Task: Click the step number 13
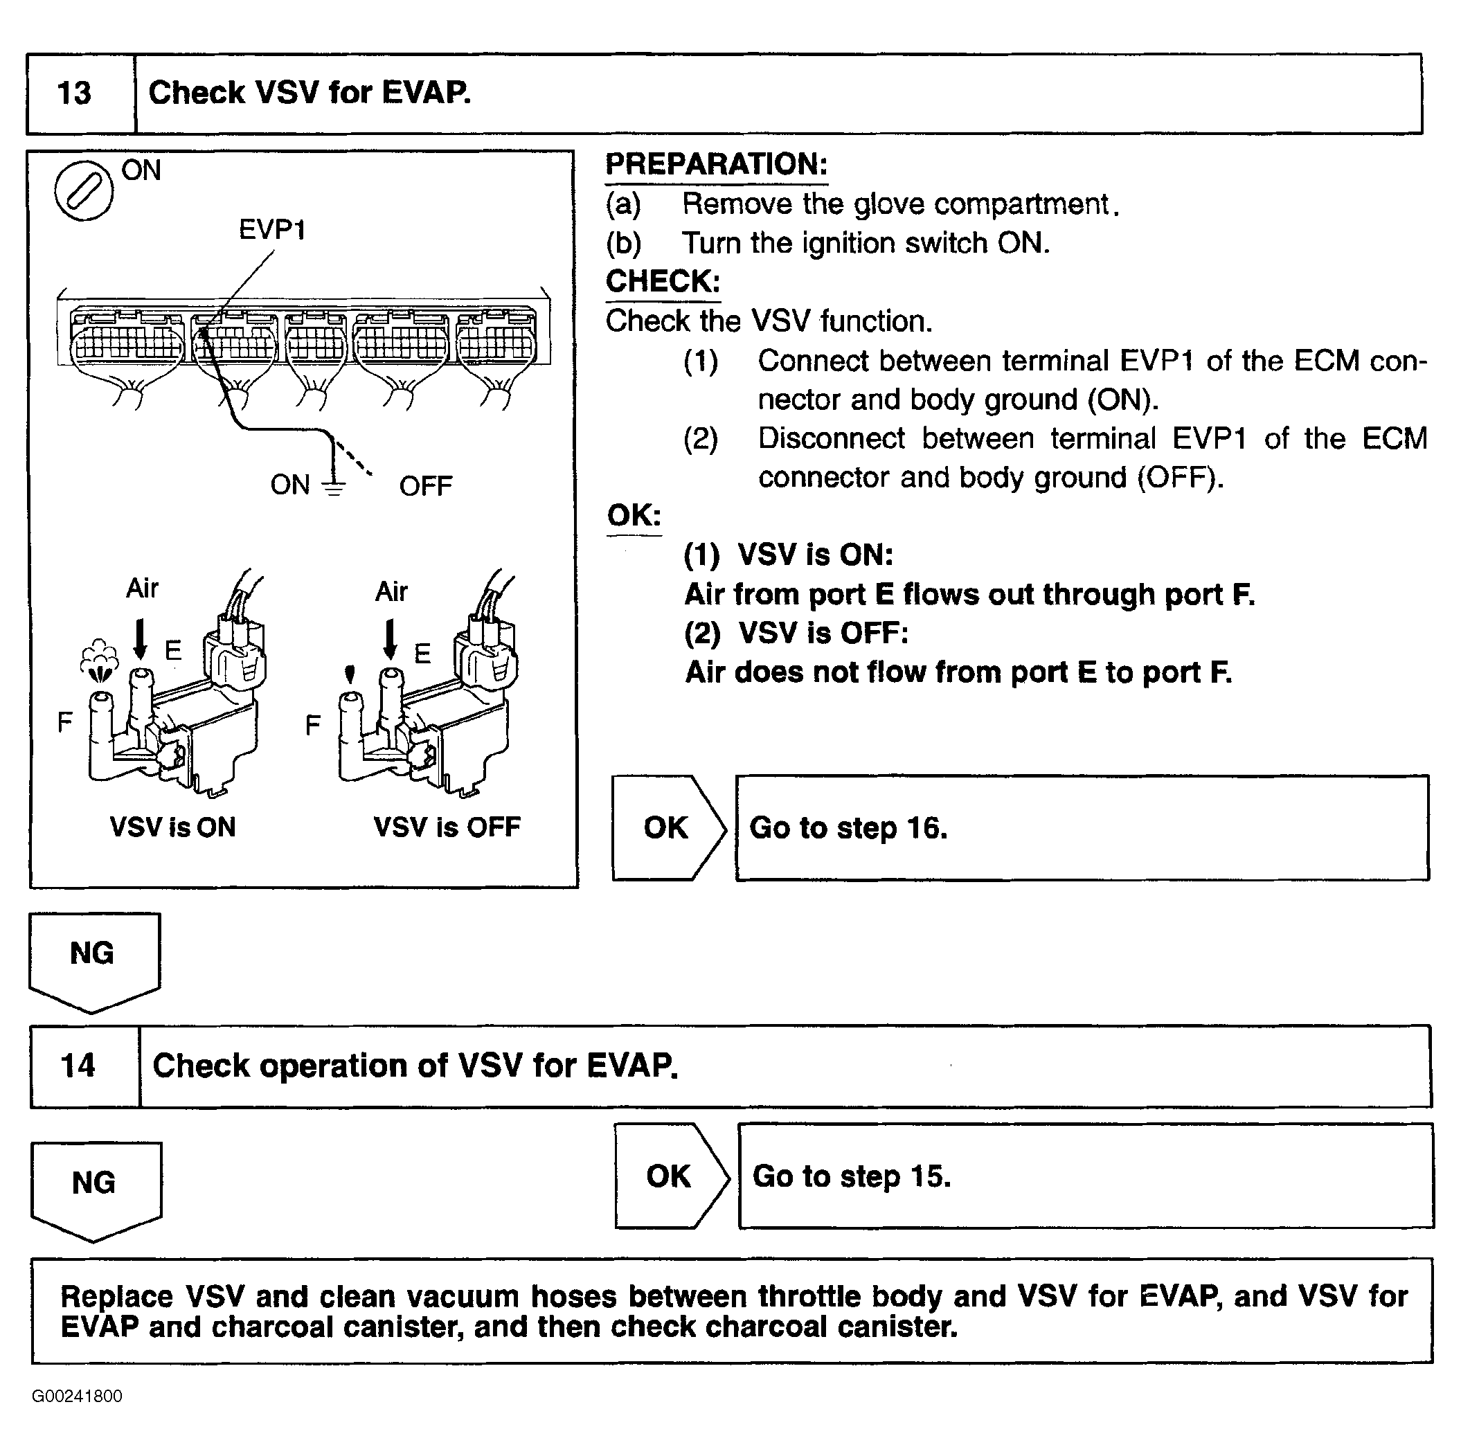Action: click(74, 93)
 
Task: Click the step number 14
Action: click(78, 1066)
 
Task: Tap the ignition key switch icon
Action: click(84, 190)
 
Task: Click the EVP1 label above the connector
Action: click(272, 230)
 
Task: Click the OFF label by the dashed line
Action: click(425, 486)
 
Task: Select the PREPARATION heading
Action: click(716, 164)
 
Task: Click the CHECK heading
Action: click(663, 281)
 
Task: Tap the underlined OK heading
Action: click(634, 516)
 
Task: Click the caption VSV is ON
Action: click(172, 827)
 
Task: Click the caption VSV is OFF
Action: click(447, 827)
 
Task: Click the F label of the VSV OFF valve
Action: click(312, 725)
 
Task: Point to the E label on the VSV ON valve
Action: click(173, 650)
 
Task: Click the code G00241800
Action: click(76, 1396)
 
